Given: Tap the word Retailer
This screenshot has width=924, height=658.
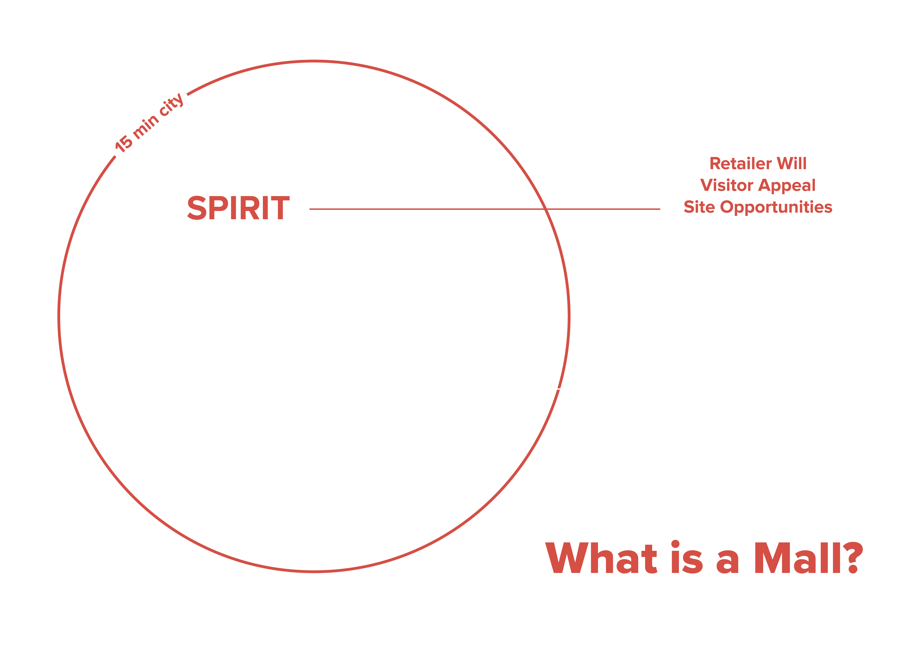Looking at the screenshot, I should point(741,164).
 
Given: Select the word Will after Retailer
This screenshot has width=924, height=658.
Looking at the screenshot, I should point(792,164).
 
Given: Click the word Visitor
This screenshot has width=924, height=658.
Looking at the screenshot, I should point(727,185).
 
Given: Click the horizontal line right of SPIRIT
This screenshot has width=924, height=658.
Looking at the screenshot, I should point(425,209).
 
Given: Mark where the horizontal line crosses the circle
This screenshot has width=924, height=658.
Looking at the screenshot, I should point(545,209).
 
